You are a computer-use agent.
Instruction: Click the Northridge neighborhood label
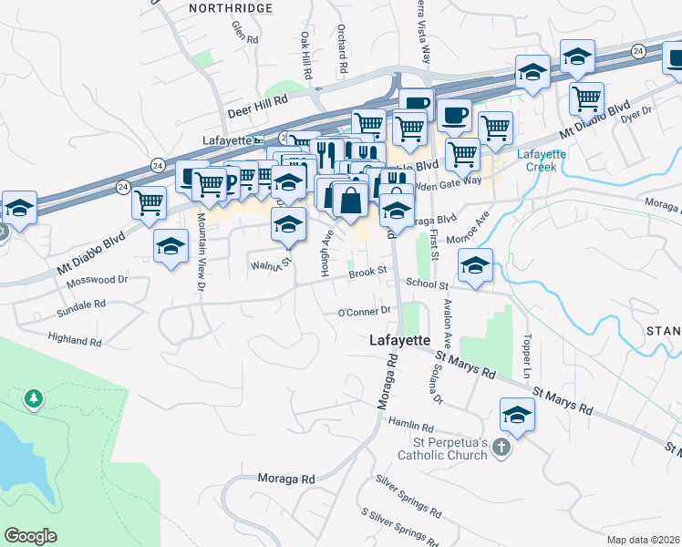coord(231,7)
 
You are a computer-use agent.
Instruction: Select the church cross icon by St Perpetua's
coord(500,447)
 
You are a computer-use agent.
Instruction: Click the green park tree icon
coord(34,398)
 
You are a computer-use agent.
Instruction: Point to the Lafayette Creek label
coord(542,160)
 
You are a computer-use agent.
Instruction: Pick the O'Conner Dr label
coord(364,312)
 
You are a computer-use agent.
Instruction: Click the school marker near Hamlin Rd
coord(517,415)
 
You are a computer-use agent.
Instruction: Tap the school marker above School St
coord(474,265)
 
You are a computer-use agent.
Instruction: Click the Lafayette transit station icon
coord(259,140)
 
